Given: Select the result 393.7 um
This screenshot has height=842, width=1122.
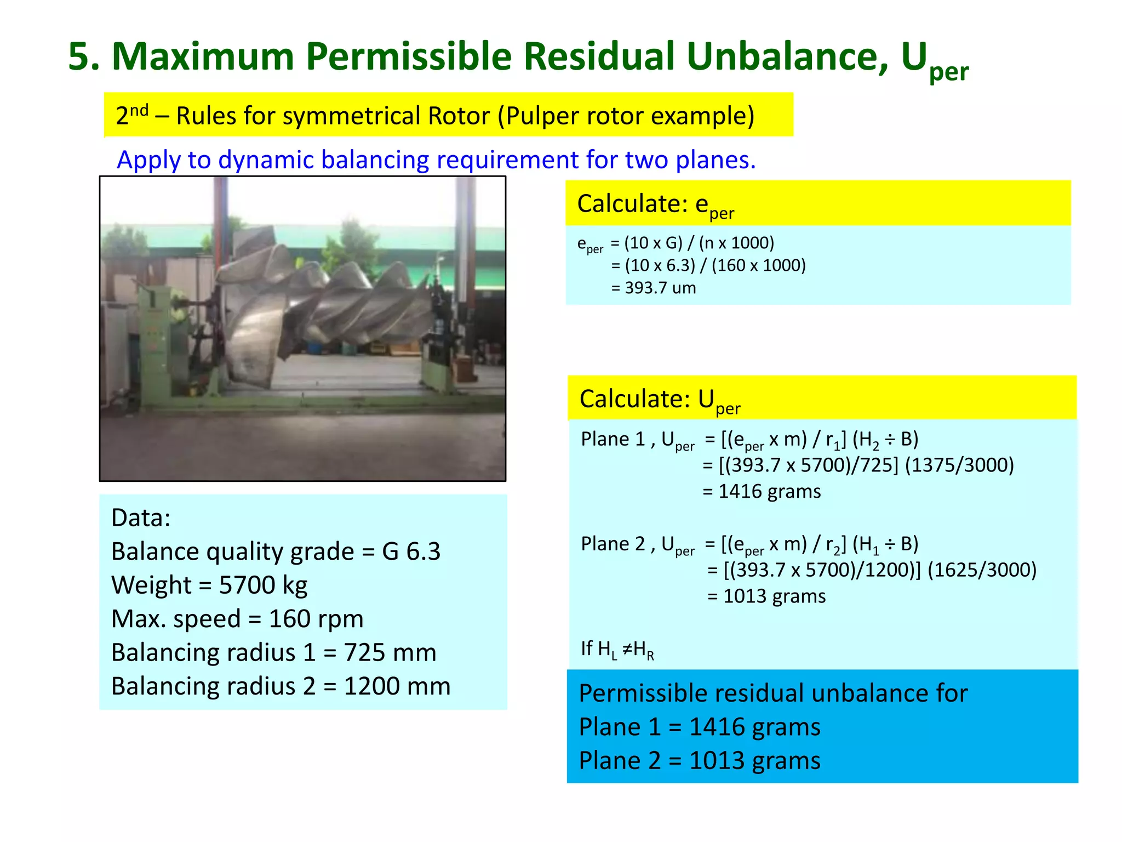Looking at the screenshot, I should pos(660,288).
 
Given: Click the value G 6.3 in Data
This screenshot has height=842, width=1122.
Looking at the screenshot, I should pos(411,551).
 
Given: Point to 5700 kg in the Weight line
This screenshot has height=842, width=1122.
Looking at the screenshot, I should pos(263,585).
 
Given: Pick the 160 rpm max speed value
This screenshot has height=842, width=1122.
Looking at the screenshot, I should pos(316,619).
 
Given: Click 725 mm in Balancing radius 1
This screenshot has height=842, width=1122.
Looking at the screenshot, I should pos(390,653).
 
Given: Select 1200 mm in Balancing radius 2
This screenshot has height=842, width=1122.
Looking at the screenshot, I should pos(397,686).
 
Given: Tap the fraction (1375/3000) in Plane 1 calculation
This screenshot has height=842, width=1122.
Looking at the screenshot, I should pos(959,465).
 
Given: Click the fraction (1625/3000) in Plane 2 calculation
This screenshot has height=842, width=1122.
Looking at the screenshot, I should pos(982,570).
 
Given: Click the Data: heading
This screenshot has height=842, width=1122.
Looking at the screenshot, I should pos(141,518).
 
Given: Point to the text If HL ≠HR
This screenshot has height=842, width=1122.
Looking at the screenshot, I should pos(617,650).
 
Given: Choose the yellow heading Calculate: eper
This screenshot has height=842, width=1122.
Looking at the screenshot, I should pos(655,204).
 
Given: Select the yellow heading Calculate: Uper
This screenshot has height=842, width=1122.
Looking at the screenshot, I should pos(660,400).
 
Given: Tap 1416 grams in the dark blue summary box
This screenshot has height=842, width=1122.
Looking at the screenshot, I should pos(754,727).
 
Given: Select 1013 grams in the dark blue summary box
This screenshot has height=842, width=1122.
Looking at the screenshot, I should pos(754,761).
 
